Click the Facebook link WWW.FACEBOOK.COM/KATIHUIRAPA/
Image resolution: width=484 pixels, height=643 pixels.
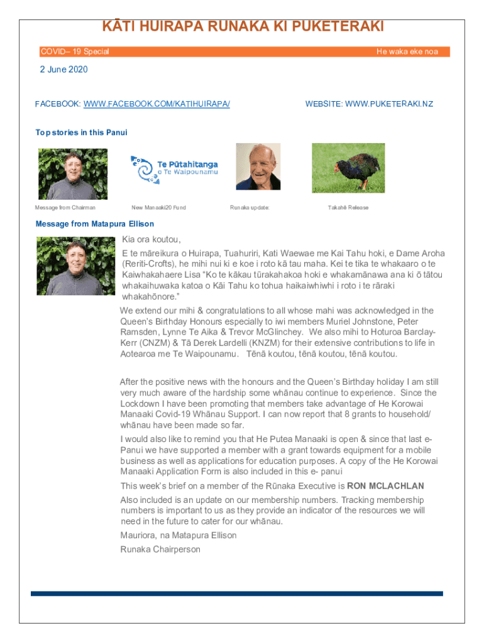tap(157, 104)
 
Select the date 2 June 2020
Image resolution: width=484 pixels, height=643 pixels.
tap(64, 70)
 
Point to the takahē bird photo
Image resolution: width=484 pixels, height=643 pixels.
tap(349, 166)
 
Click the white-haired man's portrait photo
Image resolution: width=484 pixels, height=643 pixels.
tap(258, 166)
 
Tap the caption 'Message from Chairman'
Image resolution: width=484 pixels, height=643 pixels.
tap(65, 207)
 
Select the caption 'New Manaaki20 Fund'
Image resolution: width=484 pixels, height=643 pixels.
tap(158, 207)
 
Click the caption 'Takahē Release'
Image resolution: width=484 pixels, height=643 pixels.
tap(348, 207)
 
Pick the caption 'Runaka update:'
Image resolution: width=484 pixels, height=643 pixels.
tap(250, 207)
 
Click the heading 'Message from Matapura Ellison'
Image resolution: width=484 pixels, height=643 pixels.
tap(95, 224)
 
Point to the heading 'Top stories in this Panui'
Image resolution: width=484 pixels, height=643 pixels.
tap(81, 132)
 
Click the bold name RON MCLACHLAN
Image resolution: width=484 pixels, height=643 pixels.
tap(385, 486)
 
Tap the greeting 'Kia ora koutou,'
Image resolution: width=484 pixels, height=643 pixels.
tap(151, 240)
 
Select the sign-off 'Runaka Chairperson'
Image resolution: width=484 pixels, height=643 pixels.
tap(160, 549)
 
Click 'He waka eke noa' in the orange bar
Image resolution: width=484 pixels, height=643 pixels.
tap(407, 51)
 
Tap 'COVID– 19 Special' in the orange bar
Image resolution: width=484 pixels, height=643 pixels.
tap(75, 51)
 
